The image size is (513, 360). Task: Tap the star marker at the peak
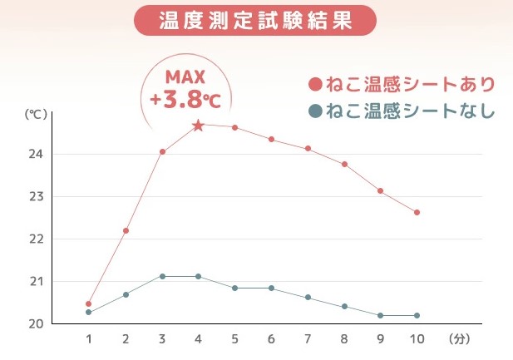pos(198,126)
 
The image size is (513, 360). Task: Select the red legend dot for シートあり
pos(314,85)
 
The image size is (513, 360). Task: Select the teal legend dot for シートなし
pos(314,111)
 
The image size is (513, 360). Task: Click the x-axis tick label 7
pos(308,339)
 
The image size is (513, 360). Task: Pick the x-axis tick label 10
pos(417,339)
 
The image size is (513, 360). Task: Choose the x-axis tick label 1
pos(89,339)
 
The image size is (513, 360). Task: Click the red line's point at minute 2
pos(126,230)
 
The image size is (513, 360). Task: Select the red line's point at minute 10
pos(417,212)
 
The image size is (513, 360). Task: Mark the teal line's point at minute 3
pos(162,276)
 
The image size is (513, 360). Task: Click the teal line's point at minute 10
pos(417,315)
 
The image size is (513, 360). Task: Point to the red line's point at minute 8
pos(344,165)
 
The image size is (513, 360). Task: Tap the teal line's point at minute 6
pos(271,288)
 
